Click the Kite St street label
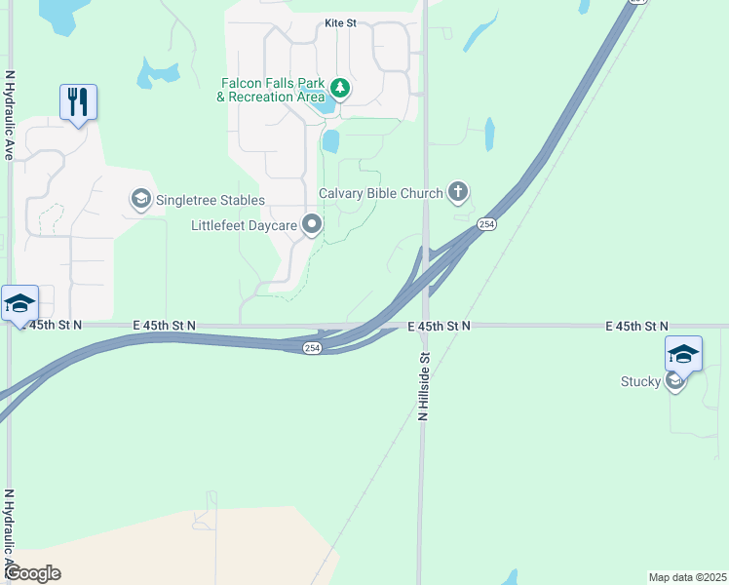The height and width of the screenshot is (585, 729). pyautogui.click(x=340, y=22)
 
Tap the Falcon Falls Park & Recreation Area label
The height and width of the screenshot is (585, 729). pyautogui.click(x=270, y=90)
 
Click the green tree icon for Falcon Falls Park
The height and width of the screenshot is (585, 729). pyautogui.click(x=340, y=90)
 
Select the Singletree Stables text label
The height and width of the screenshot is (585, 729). pyautogui.click(x=211, y=201)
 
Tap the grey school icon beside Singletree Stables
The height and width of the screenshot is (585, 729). pyautogui.click(x=140, y=200)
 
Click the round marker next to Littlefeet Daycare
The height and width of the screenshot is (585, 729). pyautogui.click(x=312, y=225)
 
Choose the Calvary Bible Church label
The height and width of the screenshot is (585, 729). pyautogui.click(x=381, y=193)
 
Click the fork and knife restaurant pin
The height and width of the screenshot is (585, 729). pyautogui.click(x=78, y=101)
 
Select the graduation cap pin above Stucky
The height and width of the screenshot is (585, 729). pyautogui.click(x=683, y=353)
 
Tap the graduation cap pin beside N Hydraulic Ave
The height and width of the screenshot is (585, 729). pyautogui.click(x=19, y=302)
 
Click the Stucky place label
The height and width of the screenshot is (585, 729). pyautogui.click(x=640, y=381)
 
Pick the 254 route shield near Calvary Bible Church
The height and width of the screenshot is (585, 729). pyautogui.click(x=487, y=225)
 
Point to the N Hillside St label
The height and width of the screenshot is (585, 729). pyautogui.click(x=424, y=387)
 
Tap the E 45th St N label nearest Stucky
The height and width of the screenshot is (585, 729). pyautogui.click(x=636, y=326)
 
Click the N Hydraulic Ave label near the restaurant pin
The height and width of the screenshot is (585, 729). pyautogui.click(x=10, y=115)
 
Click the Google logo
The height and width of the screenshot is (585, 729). pyautogui.click(x=32, y=573)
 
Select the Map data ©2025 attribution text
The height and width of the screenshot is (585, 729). pyautogui.click(x=687, y=577)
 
